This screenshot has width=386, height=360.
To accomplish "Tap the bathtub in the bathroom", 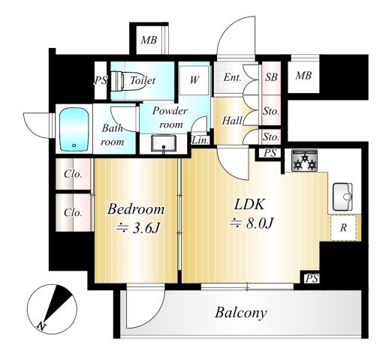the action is (x=74, y=129).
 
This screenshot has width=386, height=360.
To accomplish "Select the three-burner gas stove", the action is (x=305, y=160).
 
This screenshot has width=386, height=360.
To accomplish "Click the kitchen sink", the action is (x=342, y=197).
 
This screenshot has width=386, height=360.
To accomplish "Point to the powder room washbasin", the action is (x=164, y=143).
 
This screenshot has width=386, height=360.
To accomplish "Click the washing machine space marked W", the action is (x=194, y=80).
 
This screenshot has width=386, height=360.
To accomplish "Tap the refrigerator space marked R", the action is (x=344, y=228).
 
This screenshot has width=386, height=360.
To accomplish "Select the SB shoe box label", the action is (x=271, y=77).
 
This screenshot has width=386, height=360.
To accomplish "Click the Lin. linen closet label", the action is (x=200, y=140).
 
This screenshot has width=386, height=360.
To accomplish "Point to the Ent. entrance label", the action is (x=233, y=77).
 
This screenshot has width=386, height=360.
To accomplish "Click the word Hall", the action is (x=232, y=121).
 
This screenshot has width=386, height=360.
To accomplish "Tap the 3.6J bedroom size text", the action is (x=138, y=228).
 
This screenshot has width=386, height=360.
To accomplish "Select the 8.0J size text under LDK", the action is (x=252, y=223).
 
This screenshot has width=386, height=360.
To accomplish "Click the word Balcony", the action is (x=241, y=313).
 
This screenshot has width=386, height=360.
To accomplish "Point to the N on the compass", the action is (x=41, y=326).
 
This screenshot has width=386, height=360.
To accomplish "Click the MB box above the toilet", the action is (x=149, y=40).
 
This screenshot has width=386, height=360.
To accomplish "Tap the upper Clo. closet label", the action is (x=73, y=174).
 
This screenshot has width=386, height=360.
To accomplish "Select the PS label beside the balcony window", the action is (x=312, y=278).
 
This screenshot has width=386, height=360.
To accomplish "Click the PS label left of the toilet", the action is (x=101, y=80).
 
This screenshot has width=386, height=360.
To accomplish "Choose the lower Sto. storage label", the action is (x=271, y=136).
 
